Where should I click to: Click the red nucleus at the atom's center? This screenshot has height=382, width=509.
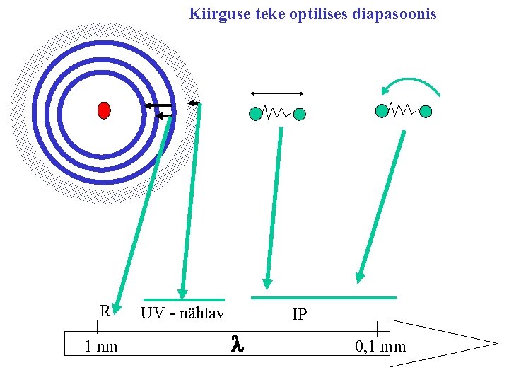click(x=104, y=110)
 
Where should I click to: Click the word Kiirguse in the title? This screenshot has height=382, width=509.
click(x=215, y=13)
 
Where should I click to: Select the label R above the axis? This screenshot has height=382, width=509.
click(x=105, y=311)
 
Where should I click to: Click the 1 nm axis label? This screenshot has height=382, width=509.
click(x=101, y=347)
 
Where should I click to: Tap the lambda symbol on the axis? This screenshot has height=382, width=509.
click(x=237, y=345)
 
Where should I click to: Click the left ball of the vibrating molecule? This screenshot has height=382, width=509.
click(x=255, y=113)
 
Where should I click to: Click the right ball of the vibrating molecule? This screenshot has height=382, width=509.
click(x=300, y=113)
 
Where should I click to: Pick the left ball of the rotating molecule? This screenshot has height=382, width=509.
click(x=382, y=110)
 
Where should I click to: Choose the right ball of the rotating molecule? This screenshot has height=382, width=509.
click(x=426, y=110)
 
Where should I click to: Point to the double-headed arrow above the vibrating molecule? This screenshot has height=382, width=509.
click(x=277, y=93)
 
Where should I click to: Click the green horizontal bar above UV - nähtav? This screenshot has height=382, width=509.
click(x=184, y=299)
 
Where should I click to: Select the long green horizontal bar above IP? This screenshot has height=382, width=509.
click(x=324, y=297)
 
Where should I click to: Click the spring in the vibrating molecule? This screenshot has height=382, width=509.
click(x=278, y=112)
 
